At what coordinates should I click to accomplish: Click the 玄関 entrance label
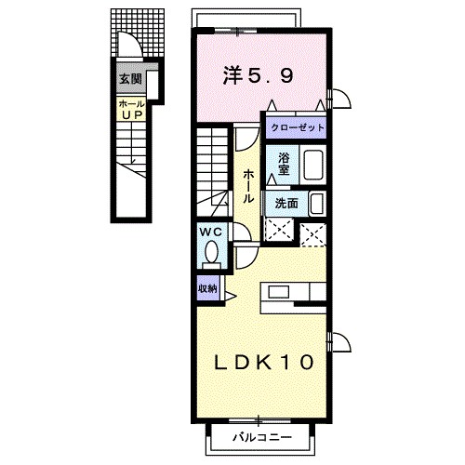[129, 80]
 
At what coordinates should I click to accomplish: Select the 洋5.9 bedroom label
[259, 77]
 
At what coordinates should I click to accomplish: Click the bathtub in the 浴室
[312, 166]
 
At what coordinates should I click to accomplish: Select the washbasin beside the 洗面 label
[315, 203]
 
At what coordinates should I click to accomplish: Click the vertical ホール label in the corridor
[249, 186]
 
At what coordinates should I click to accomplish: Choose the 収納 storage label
[206, 288]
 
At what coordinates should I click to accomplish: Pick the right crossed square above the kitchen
[312, 232]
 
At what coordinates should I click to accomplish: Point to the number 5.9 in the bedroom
[272, 77]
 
